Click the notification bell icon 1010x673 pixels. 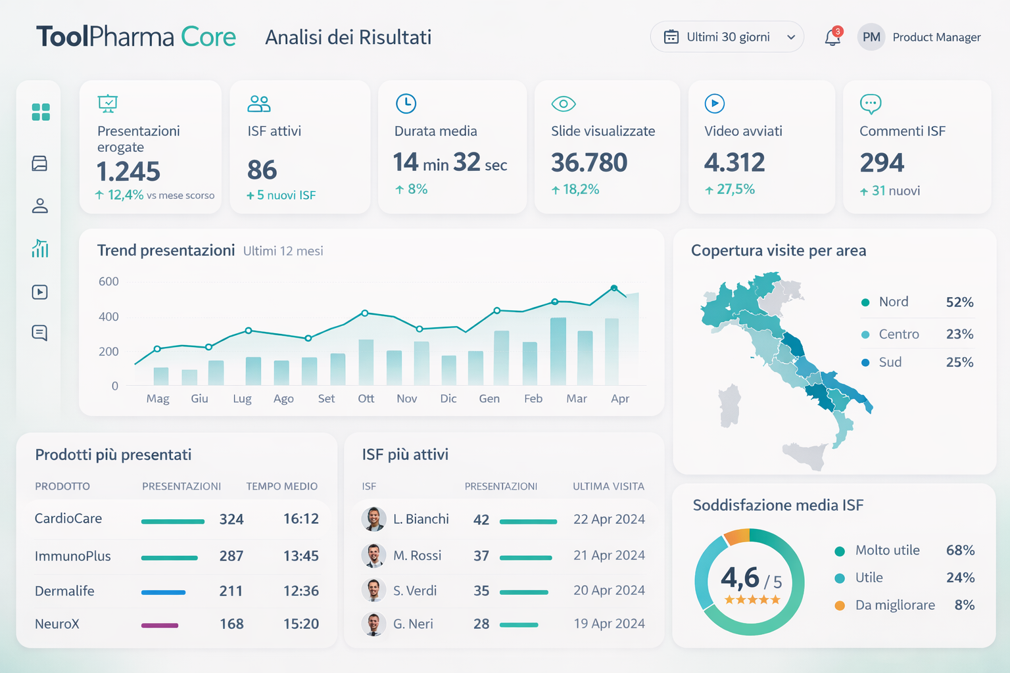pos(832,37)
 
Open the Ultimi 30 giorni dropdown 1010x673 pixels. pos(727,37)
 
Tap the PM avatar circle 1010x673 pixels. pos(871,37)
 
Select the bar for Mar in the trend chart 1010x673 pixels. pos(585,358)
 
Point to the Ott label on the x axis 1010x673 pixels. pos(366,399)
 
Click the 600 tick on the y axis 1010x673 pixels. pos(108,282)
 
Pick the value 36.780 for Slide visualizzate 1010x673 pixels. pos(589,162)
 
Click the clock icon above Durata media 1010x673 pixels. pos(406,103)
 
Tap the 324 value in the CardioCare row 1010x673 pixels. pos(231,519)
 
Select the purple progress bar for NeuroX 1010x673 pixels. pos(160,625)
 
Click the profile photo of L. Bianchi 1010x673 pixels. pos(373,519)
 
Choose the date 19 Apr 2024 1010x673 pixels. pos(609,624)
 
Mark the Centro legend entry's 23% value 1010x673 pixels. pos(959,335)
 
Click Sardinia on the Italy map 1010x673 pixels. pos(729,405)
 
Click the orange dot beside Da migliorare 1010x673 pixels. pos(840,606)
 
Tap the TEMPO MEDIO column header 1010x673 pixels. pos(281,486)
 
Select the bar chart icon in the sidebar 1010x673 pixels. pos(40,248)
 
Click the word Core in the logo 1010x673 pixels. pos(208,37)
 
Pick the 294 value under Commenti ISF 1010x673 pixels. pos(882,162)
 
